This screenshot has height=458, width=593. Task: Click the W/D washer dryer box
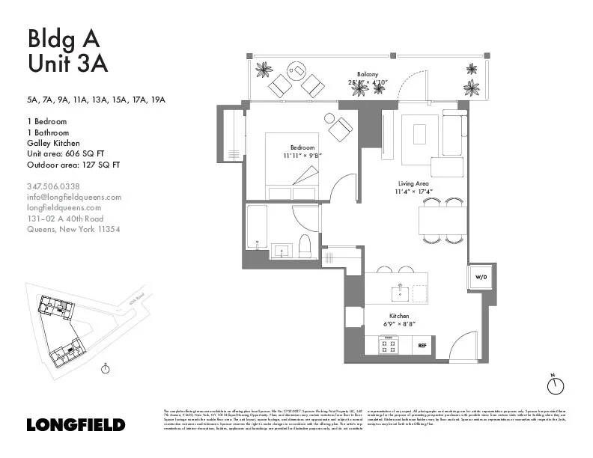[479, 277]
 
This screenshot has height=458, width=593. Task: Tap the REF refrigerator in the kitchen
[422, 346]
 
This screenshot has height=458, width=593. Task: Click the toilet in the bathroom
[305, 245]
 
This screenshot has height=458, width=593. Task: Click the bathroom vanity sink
[283, 248]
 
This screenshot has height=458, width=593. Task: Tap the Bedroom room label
[302, 147]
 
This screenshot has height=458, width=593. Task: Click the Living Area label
[412, 183]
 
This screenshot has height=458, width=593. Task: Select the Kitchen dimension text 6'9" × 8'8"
[399, 324]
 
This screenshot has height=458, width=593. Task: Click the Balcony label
[367, 74]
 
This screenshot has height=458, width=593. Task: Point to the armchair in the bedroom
[340, 127]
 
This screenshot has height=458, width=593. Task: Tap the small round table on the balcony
[297, 71]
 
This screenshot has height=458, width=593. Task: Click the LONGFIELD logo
[76, 424]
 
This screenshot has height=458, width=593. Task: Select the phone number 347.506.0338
[53, 186]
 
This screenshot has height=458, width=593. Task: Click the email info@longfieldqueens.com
[73, 197]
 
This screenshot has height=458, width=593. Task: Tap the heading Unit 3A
[68, 64]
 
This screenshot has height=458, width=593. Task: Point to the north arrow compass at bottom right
[556, 385]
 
